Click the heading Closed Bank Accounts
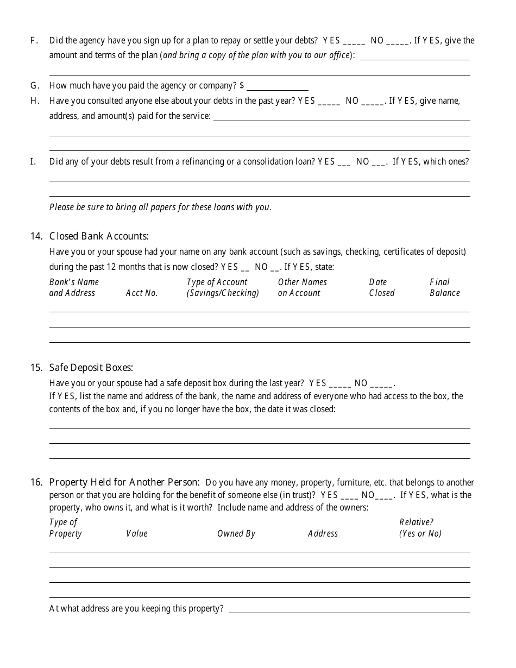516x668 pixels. (99, 236)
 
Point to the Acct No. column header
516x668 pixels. (142, 293)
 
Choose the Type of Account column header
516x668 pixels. (223, 288)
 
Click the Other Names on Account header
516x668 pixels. (302, 288)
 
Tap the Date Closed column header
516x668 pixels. (381, 288)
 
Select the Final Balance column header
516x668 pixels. (444, 288)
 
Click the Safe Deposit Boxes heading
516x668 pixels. (91, 368)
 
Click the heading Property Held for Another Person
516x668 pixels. (124, 482)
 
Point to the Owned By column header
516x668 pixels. (236, 534)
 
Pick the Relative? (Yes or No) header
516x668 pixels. (420, 528)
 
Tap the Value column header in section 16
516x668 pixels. (137, 534)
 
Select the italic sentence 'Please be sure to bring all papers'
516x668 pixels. (160, 207)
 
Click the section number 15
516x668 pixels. (36, 368)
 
